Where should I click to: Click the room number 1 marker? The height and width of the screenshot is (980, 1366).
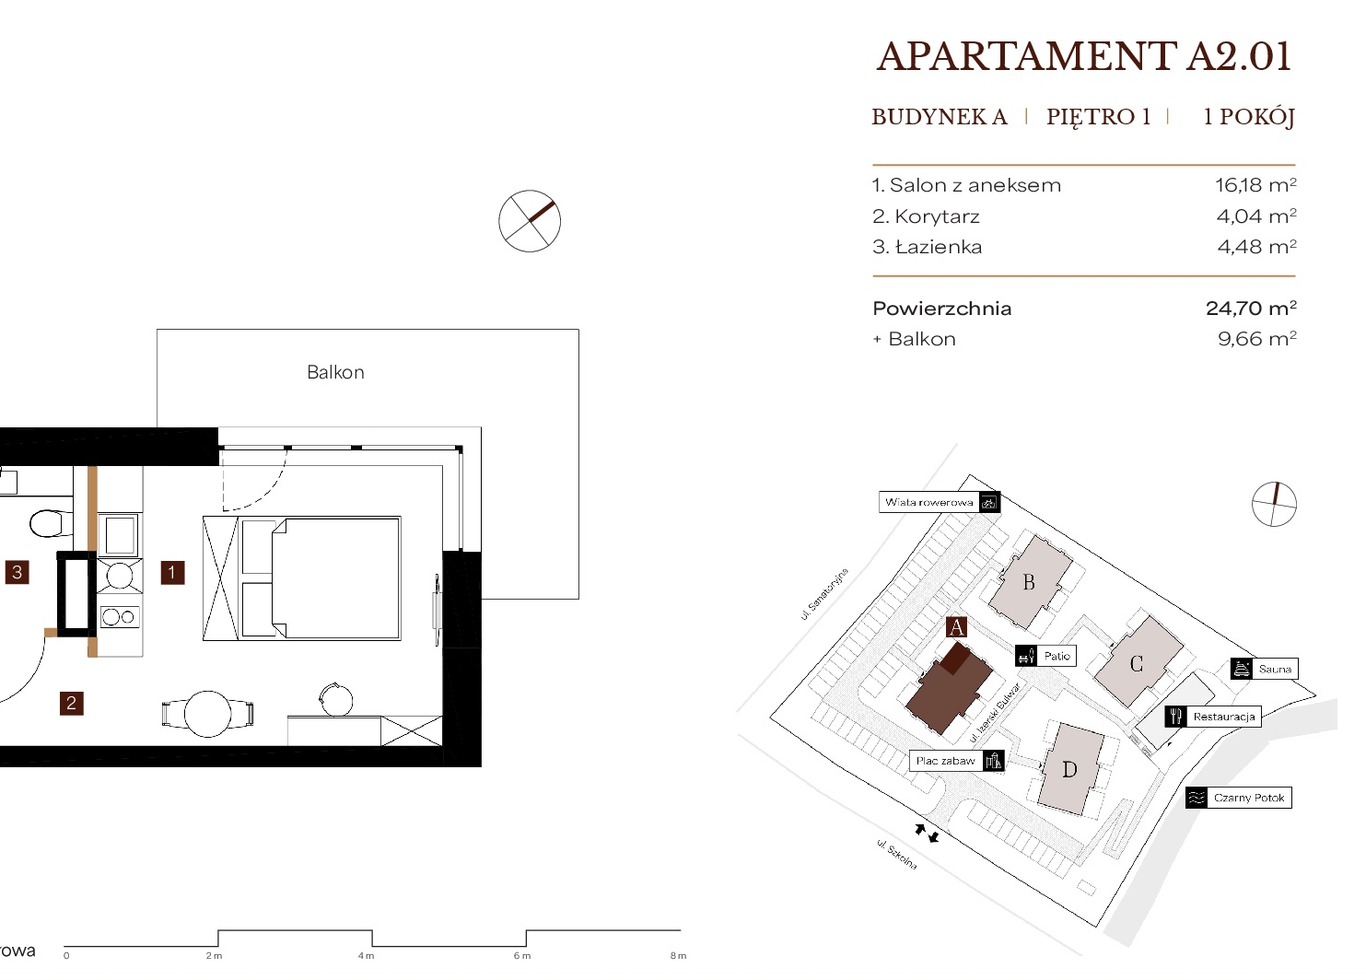tap(172, 573)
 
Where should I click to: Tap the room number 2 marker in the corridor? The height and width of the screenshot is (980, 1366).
tap(71, 703)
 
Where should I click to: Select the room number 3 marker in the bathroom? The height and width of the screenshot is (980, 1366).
tap(18, 572)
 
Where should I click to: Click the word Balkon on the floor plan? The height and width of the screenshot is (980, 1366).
tap(335, 372)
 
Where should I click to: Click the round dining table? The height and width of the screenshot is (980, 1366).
tap(207, 714)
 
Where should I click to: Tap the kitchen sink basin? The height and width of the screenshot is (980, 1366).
tap(120, 535)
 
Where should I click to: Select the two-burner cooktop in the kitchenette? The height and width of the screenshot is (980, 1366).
tap(119, 617)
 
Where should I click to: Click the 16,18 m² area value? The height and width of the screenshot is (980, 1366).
tap(1256, 185)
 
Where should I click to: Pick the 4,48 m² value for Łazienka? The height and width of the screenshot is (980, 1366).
tap(1256, 246)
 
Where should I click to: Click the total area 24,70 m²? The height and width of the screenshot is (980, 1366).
tap(1252, 308)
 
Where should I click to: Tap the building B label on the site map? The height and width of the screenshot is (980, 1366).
tap(1029, 582)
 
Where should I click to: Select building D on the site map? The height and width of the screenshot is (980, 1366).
tap(1069, 770)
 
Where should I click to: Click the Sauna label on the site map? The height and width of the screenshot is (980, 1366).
tap(1275, 669)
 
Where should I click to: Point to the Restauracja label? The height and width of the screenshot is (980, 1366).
tap(1224, 717)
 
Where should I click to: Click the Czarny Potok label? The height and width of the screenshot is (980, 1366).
tap(1249, 798)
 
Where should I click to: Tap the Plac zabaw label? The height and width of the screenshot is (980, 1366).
tap(945, 761)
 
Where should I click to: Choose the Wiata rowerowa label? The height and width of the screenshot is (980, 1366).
tap(928, 503)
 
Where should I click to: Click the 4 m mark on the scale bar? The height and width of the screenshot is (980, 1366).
tap(366, 956)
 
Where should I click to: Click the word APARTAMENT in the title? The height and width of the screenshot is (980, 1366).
tap(1027, 57)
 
